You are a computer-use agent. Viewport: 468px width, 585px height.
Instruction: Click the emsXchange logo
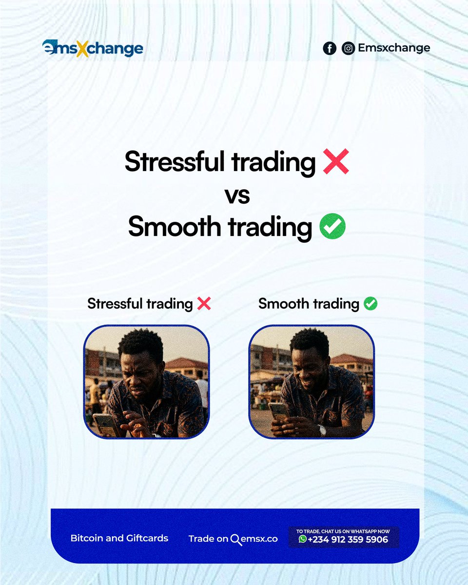pos(93,49)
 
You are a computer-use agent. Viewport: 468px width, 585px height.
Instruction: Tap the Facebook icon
pos(330,48)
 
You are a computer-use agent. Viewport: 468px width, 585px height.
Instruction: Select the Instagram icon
pos(348,48)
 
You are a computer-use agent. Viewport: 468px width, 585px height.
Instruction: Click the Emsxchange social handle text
pos(394,48)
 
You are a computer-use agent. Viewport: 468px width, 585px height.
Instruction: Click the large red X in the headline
pos(336,162)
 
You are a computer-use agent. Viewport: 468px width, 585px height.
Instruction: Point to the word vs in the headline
pos(237,195)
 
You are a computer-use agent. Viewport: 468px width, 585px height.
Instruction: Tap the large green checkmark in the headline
pos(332,227)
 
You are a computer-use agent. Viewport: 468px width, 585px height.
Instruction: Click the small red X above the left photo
pos(204,304)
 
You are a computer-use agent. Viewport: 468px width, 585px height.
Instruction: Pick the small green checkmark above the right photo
pos(370,304)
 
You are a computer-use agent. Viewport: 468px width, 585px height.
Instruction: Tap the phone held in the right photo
pos(279,412)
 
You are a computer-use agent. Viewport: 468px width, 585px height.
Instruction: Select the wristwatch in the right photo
pos(322,430)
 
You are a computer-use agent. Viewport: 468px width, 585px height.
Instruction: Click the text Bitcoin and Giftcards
pos(119,538)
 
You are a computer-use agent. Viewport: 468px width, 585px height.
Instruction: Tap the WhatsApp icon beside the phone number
pos(303,539)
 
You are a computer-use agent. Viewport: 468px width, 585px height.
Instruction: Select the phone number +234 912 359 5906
pos(348,539)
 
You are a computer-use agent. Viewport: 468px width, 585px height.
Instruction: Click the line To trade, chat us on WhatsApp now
pos(343,531)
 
